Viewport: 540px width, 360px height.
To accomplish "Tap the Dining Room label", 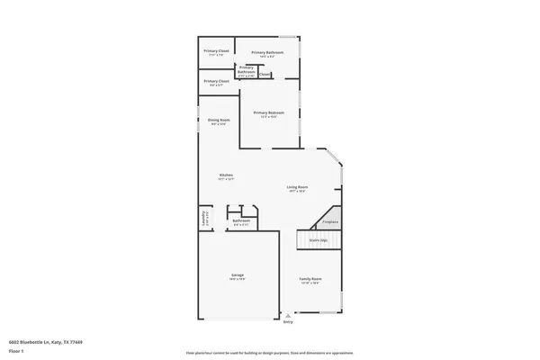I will [219, 120].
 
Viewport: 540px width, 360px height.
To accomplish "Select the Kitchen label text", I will [226, 175].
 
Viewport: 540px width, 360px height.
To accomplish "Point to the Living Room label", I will [297, 186].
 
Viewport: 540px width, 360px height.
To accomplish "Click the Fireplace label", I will [330, 221].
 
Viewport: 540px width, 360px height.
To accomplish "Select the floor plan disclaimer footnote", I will [269, 352].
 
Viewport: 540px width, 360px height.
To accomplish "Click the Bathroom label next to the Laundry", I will [241, 220].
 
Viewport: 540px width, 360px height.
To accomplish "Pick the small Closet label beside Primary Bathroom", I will [265, 75].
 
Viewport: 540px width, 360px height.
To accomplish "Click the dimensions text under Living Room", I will [297, 191].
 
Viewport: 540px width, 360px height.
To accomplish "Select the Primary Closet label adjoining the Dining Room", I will [216, 81].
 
